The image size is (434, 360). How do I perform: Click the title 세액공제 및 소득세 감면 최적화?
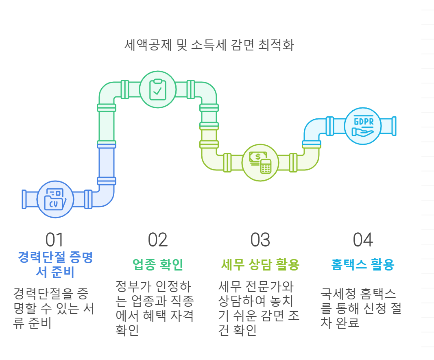coord(209,45)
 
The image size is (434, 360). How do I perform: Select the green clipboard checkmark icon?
coord(158,89)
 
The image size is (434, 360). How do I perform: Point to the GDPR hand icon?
coord(362,126)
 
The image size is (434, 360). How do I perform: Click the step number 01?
coord(55,240)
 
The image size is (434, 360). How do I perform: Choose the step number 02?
coord(158,240)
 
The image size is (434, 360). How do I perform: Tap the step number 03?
coord(260,240)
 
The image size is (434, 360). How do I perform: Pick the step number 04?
coord(363,240)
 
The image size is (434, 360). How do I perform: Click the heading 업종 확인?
coord(158,265)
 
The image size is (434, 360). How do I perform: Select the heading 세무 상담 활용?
coord(260,265)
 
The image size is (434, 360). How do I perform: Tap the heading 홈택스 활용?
coord(363,265)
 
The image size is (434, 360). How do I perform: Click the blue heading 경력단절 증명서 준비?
coord(55,264)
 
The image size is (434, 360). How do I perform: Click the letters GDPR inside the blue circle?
coord(362,121)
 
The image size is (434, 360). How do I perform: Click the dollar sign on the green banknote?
coord(258,157)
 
